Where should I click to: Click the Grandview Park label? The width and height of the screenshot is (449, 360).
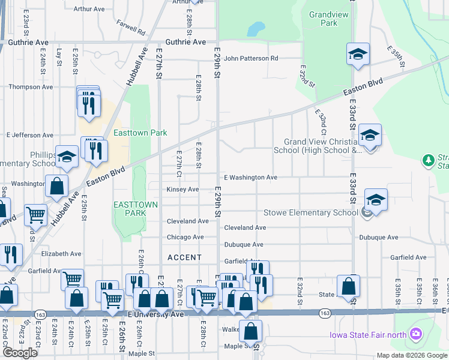tap(324, 19)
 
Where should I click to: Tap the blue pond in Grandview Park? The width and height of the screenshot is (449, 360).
tap(256, 28)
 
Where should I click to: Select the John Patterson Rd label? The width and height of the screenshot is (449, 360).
tap(251, 59)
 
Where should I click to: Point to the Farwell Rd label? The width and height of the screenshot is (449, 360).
tap(132, 28)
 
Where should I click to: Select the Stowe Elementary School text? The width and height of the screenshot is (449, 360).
tap(311, 213)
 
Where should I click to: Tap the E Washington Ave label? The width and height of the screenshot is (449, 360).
tap(250, 178)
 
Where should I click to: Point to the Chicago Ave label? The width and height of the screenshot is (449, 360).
tap(185, 238)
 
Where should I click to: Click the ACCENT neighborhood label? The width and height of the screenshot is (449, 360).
tap(184, 257)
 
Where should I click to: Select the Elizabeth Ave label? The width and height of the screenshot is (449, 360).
tap(61, 254)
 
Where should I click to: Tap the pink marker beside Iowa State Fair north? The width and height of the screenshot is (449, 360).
tap(415, 334)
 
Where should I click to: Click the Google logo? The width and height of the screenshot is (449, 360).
tap(20, 353)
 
